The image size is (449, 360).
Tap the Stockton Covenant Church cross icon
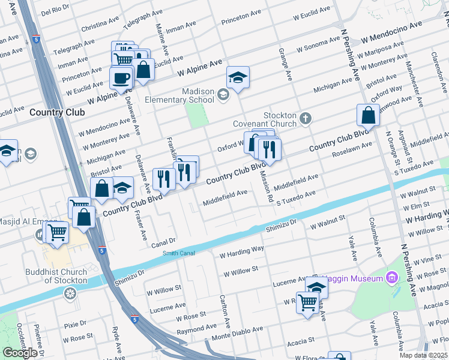point(306,118)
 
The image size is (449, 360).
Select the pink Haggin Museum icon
point(392,278)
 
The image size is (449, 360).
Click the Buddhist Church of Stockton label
point(56,277)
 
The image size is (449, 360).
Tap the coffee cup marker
point(121,78)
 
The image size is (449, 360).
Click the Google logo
point(20,353)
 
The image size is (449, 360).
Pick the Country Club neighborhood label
point(56,112)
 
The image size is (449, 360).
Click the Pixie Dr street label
point(75,325)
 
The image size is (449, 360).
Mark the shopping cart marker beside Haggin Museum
point(307,302)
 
